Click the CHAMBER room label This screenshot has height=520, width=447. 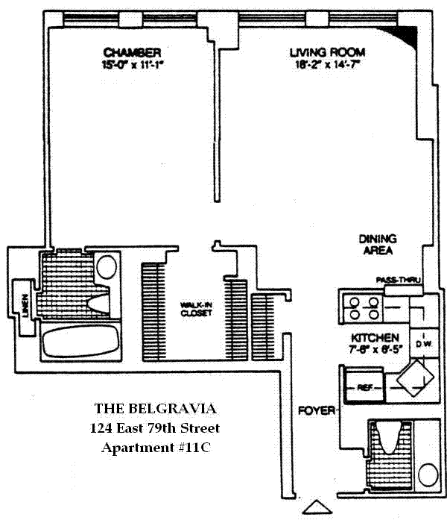[x=133, y=52]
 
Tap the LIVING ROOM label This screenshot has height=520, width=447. [x=327, y=52]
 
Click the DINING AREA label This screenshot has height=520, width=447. [x=378, y=245]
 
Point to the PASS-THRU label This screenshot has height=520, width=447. [x=399, y=281]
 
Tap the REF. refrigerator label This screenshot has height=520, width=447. [x=364, y=388]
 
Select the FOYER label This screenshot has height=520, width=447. [x=314, y=410]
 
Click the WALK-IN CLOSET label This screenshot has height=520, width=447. [x=195, y=309]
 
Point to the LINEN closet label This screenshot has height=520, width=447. [x=26, y=304]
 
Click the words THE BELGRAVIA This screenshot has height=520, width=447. [x=156, y=409]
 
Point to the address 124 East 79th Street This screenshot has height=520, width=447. [x=156, y=428]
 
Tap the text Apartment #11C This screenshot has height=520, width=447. [x=156, y=448]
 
